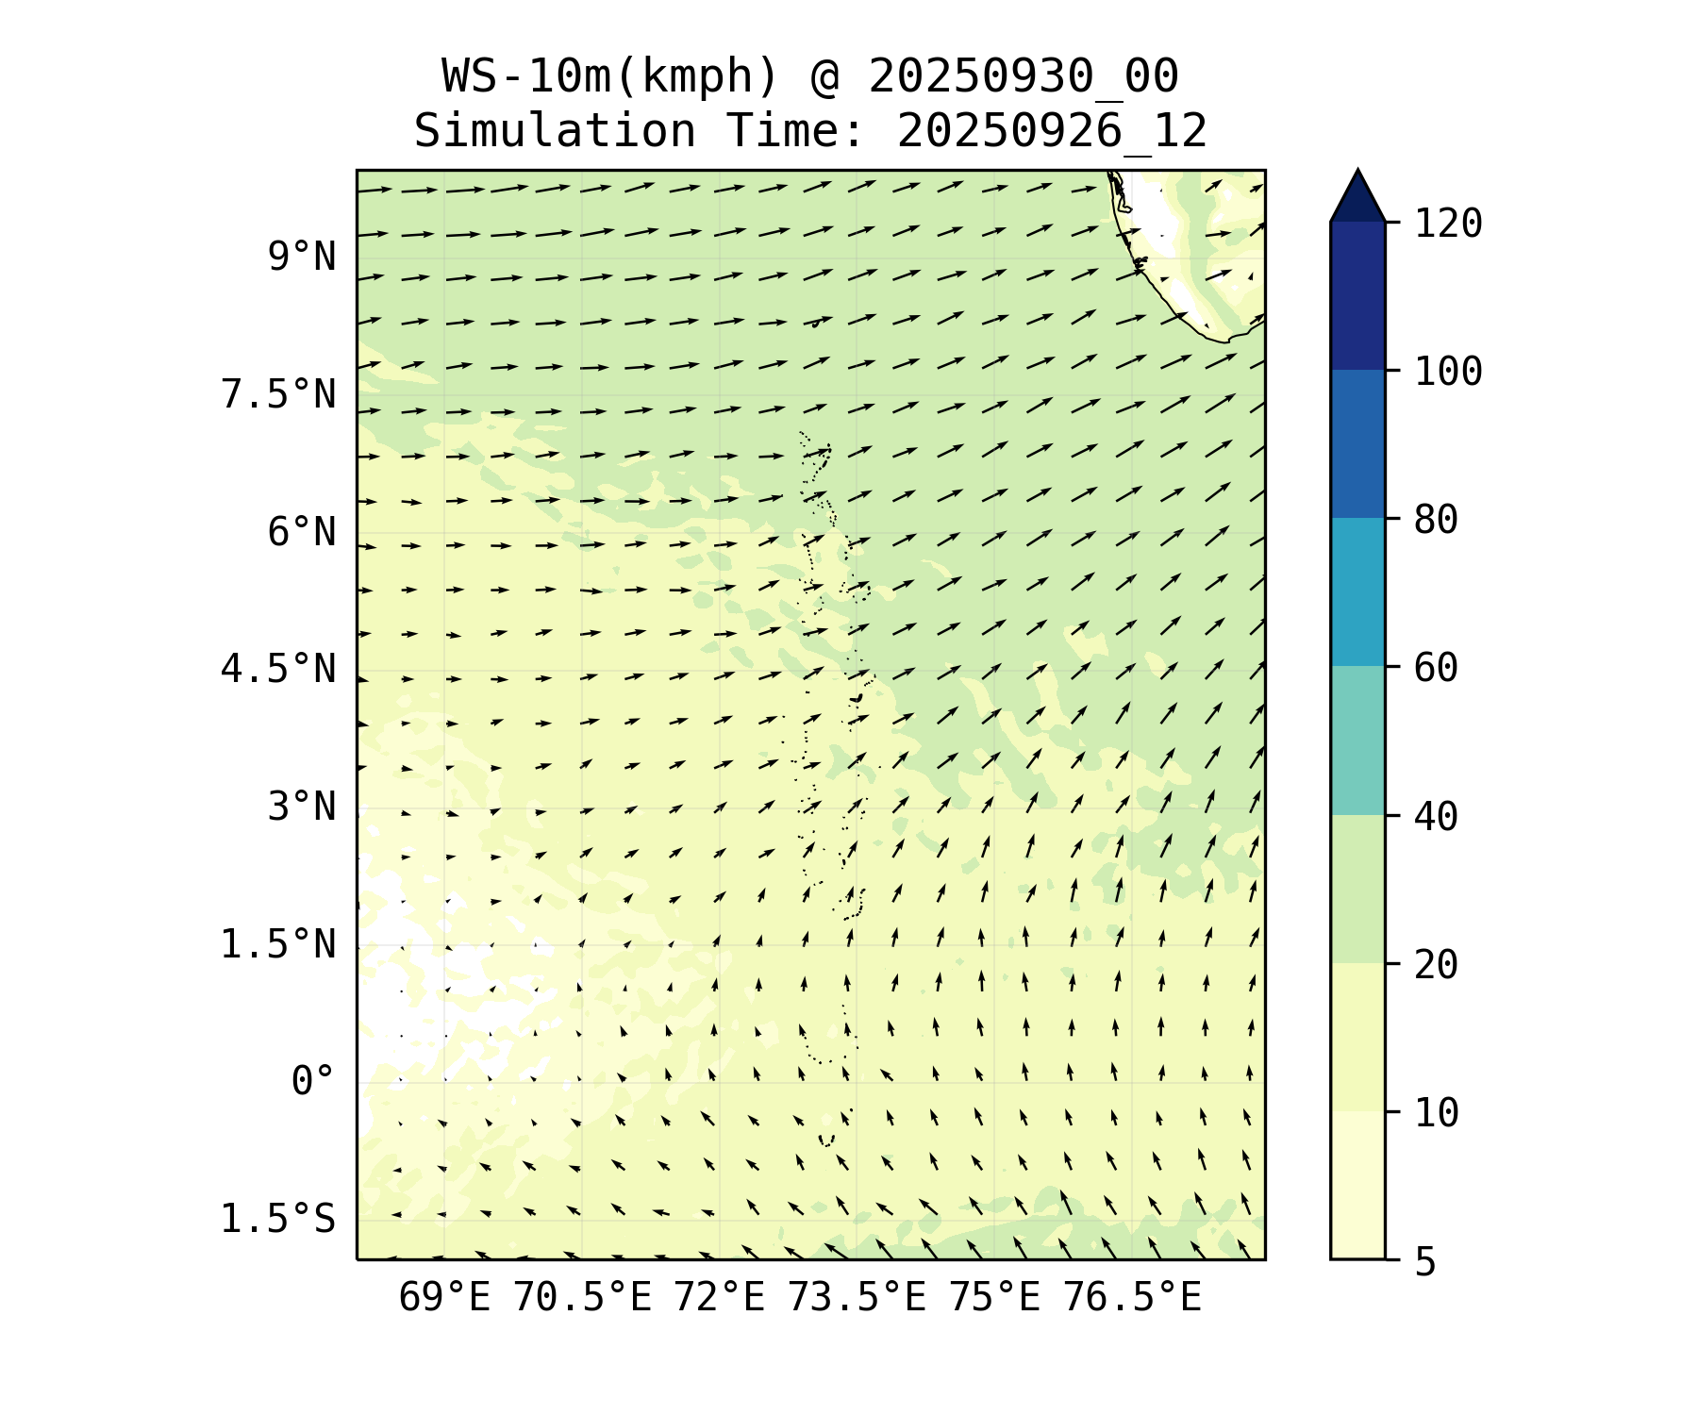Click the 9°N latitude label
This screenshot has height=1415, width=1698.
302,258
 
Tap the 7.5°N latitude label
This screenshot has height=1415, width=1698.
278,395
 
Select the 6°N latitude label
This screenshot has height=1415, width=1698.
302,533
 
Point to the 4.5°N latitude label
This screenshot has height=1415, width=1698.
278,670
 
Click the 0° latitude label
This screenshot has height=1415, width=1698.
313,1082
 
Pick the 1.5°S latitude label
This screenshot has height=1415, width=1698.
278,1220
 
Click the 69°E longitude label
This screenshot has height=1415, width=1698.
444,1298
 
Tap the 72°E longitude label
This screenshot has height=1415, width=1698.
719,1298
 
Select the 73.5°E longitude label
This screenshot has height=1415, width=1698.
857,1298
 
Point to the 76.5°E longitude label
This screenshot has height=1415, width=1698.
1132,1298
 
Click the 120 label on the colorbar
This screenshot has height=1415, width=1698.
1448,225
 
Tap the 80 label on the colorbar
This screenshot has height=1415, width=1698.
1436,520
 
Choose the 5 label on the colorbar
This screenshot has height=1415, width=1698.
1424,1262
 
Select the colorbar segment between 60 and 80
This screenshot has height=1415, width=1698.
1357,592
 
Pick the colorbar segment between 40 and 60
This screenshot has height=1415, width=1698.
1357,741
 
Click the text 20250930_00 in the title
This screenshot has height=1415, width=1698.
1023,76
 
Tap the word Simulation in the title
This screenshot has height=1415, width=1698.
555,131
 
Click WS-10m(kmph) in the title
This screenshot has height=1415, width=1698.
610,76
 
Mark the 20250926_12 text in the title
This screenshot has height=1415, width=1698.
1052,131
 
